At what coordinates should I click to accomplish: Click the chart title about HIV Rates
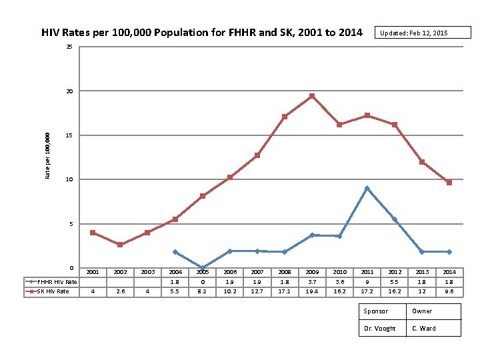click(x=202, y=32)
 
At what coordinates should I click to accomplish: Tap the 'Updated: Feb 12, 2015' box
click(x=413, y=33)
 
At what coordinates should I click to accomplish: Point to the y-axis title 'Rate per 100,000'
click(x=47, y=155)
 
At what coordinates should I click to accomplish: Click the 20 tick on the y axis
click(x=69, y=91)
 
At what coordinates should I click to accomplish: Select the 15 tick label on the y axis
click(x=69, y=135)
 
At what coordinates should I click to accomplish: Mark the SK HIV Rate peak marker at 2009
click(x=312, y=96)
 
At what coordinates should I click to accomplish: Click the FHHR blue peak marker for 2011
click(x=367, y=188)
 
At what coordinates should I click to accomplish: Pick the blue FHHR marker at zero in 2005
click(x=203, y=268)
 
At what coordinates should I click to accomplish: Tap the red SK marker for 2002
click(x=120, y=245)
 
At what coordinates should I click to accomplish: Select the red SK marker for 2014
click(x=449, y=183)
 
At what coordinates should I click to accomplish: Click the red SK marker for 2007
click(x=257, y=155)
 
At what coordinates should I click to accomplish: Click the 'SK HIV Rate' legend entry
click(x=51, y=291)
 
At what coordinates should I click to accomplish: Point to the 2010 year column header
click(x=339, y=272)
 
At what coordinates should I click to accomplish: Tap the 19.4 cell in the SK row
click(x=312, y=291)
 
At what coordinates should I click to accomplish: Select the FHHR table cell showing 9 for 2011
click(x=367, y=282)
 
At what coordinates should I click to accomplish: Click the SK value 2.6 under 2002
click(x=120, y=291)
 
